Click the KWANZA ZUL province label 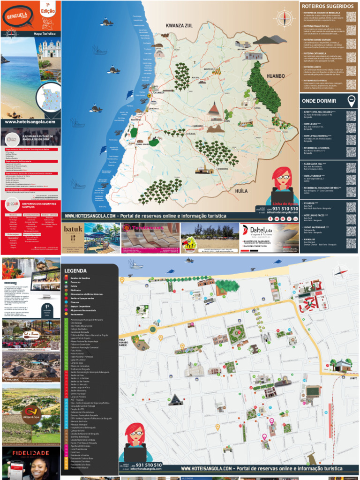179,26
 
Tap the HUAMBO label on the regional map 276,75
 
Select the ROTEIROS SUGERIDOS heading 328,6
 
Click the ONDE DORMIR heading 319,101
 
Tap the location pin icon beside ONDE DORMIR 351,100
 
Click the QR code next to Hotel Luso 351,127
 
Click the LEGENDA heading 76,270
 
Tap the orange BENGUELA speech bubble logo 16,17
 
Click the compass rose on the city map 341,272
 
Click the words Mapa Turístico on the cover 44,34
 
